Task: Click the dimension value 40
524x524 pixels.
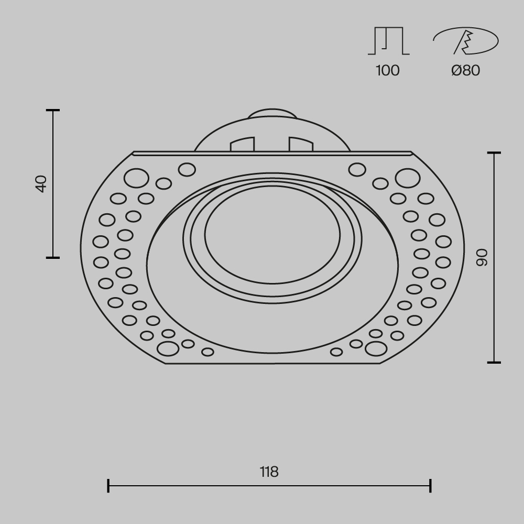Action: point(41,184)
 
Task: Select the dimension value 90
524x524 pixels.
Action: point(482,257)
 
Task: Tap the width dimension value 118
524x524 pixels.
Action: point(269,472)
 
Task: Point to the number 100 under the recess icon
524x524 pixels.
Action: point(388,70)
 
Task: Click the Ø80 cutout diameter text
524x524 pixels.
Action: point(465,70)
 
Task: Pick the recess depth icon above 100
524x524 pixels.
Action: point(388,41)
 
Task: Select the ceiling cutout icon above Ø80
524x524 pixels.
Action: point(465,41)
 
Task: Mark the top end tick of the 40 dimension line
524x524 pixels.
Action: point(53,111)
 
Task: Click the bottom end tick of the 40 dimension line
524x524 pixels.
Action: point(53,257)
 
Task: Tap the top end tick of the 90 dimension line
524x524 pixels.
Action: point(494,153)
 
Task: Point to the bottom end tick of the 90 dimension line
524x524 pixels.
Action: point(494,362)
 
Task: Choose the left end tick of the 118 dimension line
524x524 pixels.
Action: point(108,486)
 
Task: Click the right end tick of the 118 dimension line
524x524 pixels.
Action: point(430,486)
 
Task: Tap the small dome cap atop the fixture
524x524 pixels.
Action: point(272,114)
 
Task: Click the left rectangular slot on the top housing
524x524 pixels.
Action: point(243,145)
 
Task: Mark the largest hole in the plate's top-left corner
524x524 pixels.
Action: point(136,178)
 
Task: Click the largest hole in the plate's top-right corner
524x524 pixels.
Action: point(407,178)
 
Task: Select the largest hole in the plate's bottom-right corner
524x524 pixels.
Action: point(376,348)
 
